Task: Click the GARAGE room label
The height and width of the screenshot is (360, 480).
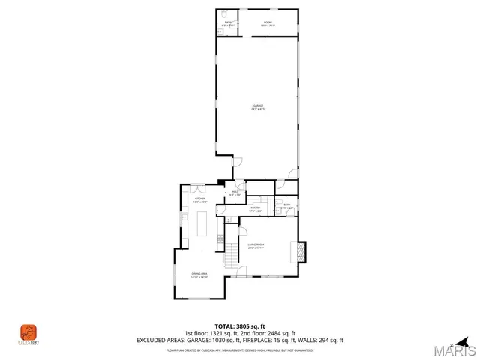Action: (x=258, y=108)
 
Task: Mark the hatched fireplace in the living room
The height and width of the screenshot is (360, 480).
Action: (x=302, y=250)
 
